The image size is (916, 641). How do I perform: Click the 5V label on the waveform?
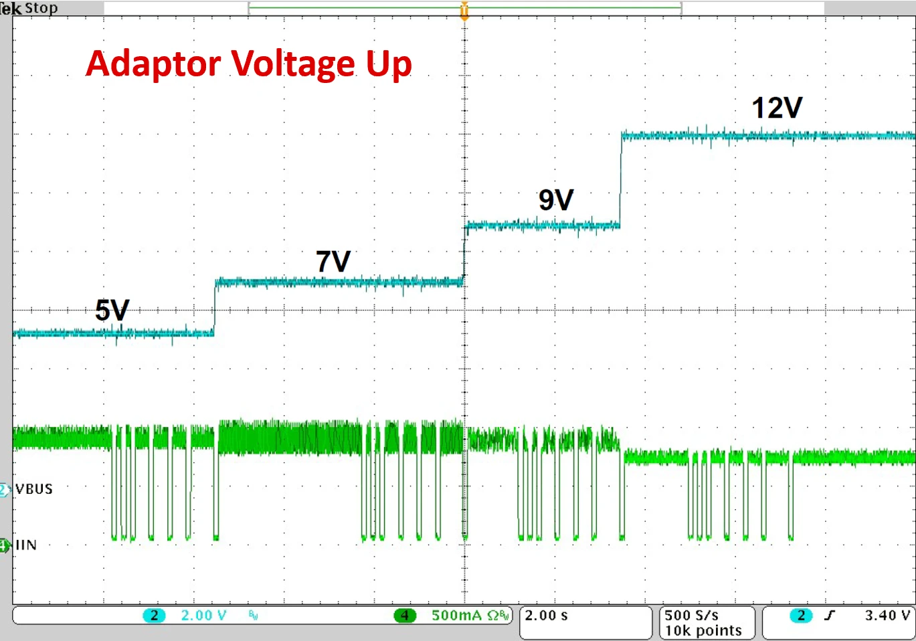click(x=112, y=310)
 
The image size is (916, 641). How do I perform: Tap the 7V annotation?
click(x=333, y=261)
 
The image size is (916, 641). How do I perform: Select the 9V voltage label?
click(x=556, y=200)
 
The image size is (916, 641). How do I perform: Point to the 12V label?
click(x=777, y=108)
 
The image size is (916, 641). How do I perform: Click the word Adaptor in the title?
click(x=154, y=65)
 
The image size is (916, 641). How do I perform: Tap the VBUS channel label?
click(x=34, y=489)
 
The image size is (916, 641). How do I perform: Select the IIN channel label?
click(x=26, y=545)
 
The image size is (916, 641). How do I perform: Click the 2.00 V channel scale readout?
click(x=203, y=616)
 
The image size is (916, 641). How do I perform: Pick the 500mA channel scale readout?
click(x=456, y=616)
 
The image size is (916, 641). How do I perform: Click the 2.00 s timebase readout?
click(x=546, y=616)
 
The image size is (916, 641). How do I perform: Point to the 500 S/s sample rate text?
click(x=692, y=616)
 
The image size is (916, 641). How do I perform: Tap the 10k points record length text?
click(x=703, y=631)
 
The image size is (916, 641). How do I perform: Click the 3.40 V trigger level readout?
click(x=887, y=616)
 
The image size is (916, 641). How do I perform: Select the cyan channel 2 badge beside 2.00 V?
click(x=154, y=616)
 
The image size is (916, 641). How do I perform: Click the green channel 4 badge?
click(x=404, y=616)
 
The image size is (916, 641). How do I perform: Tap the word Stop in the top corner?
click(x=41, y=8)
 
